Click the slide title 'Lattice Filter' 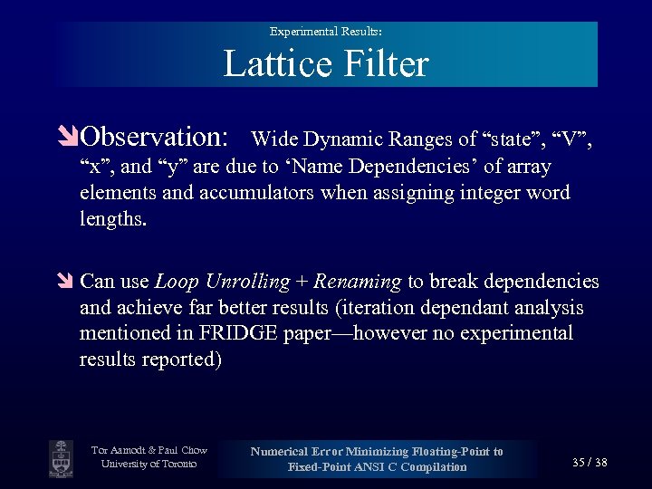tap(325, 64)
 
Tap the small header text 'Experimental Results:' tap(325, 31)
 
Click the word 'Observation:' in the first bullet tap(154, 137)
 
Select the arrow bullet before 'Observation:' tap(70, 138)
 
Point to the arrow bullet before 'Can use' tap(70, 283)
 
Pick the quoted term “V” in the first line tap(570, 139)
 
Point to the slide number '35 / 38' tap(590, 463)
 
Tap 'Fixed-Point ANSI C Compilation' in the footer tap(377, 467)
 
